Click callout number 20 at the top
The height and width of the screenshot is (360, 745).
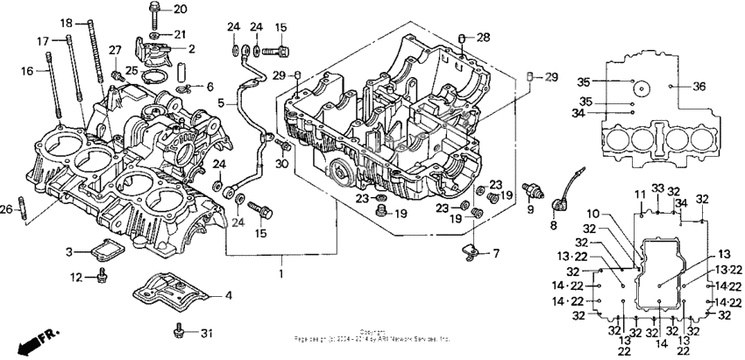tap(181, 10)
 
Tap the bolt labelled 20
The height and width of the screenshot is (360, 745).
tap(154, 11)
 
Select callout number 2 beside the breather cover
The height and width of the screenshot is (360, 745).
tap(191, 50)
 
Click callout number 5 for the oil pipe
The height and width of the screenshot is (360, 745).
tap(222, 102)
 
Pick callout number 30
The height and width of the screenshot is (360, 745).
tap(282, 166)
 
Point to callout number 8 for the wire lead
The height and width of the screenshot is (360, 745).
tap(552, 225)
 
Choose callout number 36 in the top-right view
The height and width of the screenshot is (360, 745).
tap(699, 86)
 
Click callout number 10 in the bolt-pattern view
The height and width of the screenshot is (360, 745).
tap(618, 214)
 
